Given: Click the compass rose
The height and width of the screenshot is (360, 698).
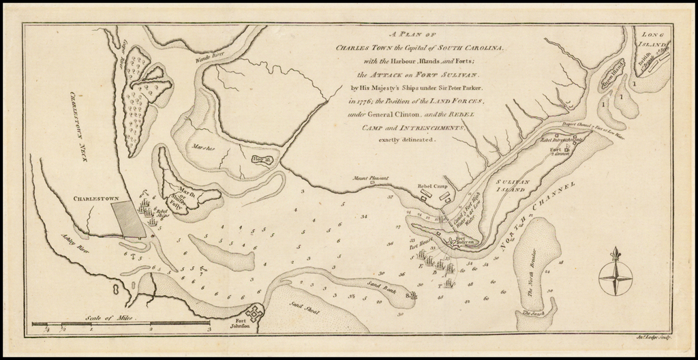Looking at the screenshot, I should pos(615,275).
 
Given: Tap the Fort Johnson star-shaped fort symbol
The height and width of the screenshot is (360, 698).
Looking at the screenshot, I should pos(254,312).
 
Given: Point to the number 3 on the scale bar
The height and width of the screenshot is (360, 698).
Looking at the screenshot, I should pos(209,329).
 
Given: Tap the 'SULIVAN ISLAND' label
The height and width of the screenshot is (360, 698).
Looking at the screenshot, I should pos(515,187).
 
